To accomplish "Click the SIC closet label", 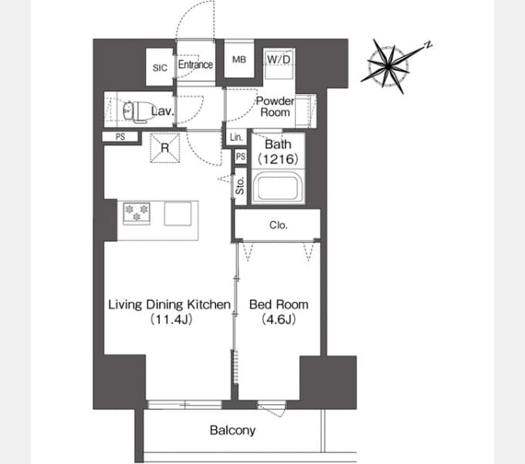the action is coord(160,68).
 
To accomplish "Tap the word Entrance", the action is coord(195,64).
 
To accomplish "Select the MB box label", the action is coord(239,60).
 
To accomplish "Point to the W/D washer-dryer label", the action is coord(279,60).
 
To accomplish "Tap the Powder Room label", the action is coord(275,107).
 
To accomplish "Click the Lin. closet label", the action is coord(236,137).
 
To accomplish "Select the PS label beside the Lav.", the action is coord(120,137).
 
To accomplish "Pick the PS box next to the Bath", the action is coord(241,156).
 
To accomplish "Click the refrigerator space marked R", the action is coord(164,148).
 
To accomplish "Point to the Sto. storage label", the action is coord(240,186).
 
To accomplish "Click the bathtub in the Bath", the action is coord(278,187).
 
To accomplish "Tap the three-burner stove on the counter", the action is coord(137,213).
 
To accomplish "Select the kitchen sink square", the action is coord(178,213).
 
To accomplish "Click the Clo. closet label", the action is coord(279,225).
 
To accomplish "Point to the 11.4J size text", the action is coord(171,319).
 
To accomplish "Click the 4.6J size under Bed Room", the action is coord(279,319).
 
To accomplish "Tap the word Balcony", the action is coord(232,431).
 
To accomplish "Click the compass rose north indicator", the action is coord(428,45).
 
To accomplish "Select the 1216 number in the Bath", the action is coord(278,159).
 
